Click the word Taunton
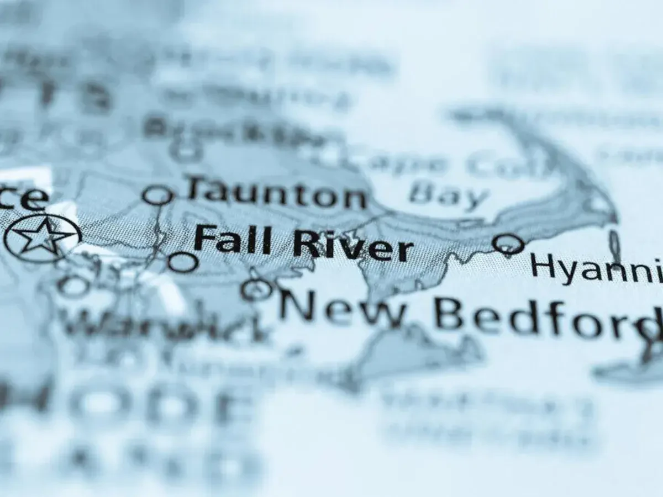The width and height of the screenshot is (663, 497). (x=276, y=194)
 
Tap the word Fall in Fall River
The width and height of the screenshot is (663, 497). (x=232, y=239)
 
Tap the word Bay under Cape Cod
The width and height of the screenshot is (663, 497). (x=448, y=193)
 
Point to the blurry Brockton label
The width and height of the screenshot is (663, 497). (x=232, y=130)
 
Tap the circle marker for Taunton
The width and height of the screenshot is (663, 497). (x=158, y=195)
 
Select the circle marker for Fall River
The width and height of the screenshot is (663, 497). (x=182, y=262)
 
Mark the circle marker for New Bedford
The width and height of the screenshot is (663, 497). (x=257, y=289)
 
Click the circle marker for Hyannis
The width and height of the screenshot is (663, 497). (x=508, y=244)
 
